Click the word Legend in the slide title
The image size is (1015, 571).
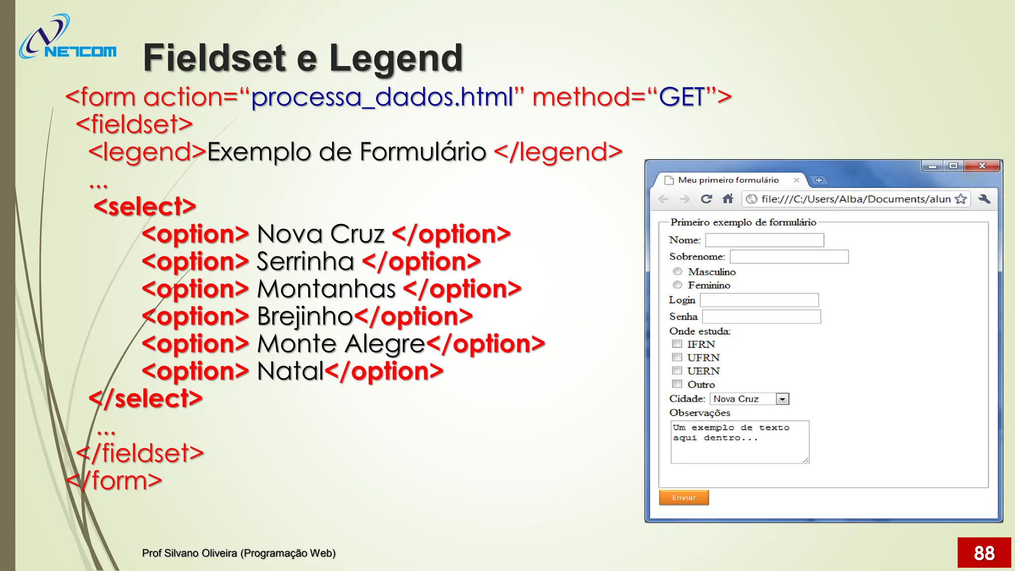tap(395, 58)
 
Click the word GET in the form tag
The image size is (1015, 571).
tap(682, 97)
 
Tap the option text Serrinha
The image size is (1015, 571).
tap(305, 262)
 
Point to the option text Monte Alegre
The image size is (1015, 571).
tap(341, 344)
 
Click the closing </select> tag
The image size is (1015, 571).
tap(146, 399)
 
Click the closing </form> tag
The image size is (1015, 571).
tap(114, 481)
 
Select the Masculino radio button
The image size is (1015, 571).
tap(677, 272)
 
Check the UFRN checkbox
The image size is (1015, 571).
tap(677, 357)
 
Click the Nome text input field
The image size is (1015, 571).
tap(764, 240)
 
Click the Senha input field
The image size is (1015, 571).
tap(761, 317)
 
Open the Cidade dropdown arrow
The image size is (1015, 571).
tap(782, 399)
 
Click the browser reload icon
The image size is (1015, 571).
tap(706, 199)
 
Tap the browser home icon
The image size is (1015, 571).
tap(728, 199)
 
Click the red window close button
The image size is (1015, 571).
tap(982, 166)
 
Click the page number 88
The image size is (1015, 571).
tap(984, 553)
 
